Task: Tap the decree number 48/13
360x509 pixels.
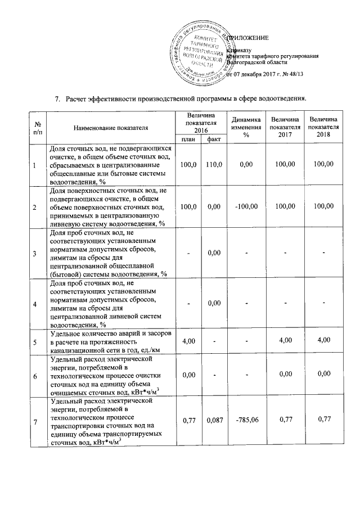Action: pos(294,74)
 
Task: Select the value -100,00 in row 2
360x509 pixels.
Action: pos(246,207)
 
